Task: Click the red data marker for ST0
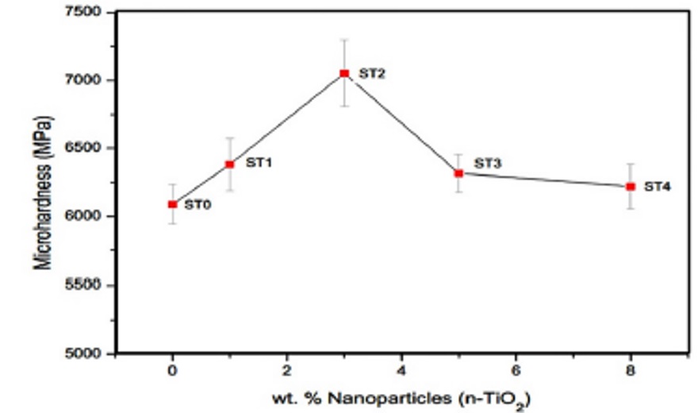[x=172, y=204]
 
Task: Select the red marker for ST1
[x=229, y=164]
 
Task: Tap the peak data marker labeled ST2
[x=344, y=73]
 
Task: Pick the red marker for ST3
[x=458, y=173]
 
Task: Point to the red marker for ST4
[x=631, y=187]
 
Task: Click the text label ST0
[x=198, y=204]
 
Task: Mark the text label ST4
[x=658, y=187]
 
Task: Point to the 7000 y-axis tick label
[x=87, y=80]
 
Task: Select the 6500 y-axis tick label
[x=87, y=149]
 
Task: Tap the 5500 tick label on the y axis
[x=87, y=285]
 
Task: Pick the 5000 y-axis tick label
[x=87, y=353]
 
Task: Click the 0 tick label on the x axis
[x=172, y=370]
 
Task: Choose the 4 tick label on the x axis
[x=401, y=370]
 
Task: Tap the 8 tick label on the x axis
[x=631, y=370]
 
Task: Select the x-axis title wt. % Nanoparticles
[x=401, y=395]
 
